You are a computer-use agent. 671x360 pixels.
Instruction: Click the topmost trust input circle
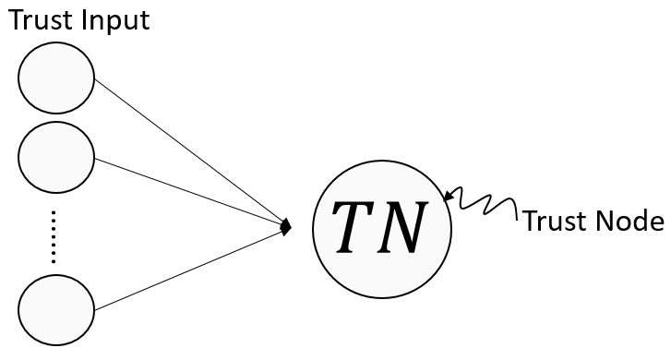56,78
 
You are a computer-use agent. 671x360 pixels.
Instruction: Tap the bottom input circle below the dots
56,308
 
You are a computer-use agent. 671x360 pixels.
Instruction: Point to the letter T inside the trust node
355,226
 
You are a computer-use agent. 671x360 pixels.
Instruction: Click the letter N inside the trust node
404,226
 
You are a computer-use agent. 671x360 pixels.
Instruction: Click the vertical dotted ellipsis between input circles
54,237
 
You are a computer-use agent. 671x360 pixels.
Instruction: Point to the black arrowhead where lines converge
287,225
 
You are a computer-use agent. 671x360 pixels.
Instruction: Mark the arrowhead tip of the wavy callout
447,196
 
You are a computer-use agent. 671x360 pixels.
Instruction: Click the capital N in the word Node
604,222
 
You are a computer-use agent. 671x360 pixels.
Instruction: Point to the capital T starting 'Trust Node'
529,222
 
